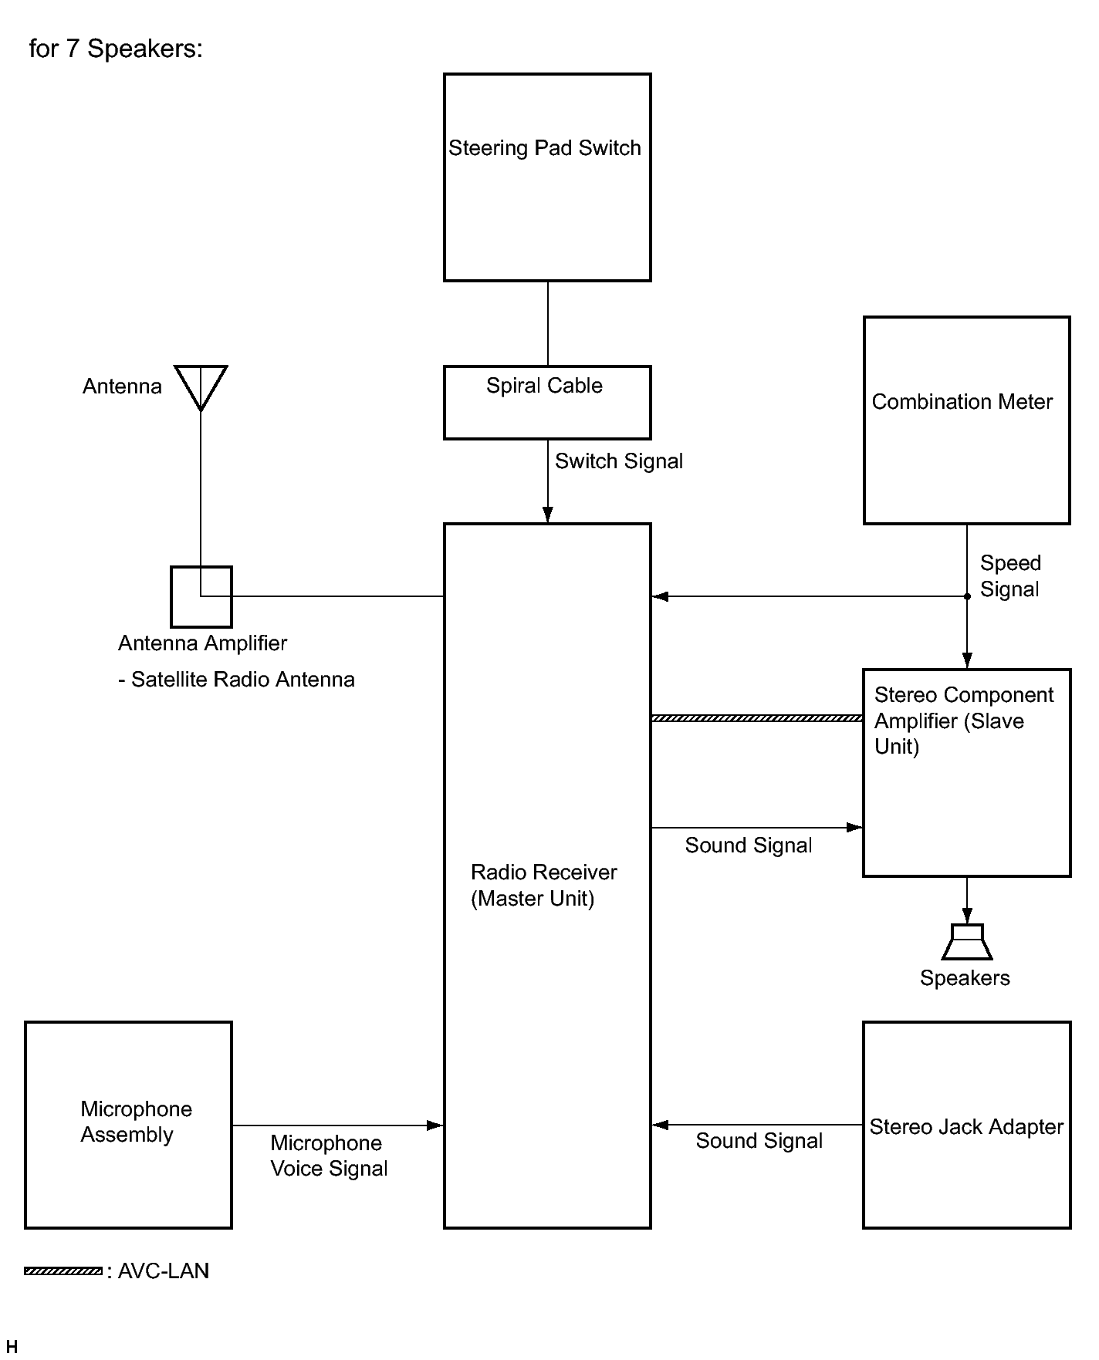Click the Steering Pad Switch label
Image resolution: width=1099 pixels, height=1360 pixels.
click(545, 148)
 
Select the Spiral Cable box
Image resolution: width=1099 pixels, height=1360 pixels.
click(547, 403)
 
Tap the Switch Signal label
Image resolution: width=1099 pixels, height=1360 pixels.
click(619, 461)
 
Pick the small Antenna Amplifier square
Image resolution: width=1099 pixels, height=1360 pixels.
click(201, 597)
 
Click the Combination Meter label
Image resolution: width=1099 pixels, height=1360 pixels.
click(962, 402)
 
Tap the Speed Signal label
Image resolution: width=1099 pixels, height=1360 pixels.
click(1010, 576)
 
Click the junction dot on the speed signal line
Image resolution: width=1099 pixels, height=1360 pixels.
click(967, 596)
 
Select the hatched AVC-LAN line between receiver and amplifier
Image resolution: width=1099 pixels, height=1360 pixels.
click(757, 718)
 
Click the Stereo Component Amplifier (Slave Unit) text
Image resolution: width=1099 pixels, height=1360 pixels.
click(964, 721)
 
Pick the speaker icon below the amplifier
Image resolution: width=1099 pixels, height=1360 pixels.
click(967, 942)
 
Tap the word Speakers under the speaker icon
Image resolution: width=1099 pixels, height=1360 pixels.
click(965, 978)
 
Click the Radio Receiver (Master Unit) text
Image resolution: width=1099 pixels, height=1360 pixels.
click(544, 886)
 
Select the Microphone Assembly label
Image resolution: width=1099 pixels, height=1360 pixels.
click(137, 1122)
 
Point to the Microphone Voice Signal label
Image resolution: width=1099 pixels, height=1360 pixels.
click(329, 1156)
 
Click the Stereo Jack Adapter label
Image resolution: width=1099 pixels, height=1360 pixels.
click(966, 1127)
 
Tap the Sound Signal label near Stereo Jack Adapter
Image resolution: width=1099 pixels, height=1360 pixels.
click(759, 1141)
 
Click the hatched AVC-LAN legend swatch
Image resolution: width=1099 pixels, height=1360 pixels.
click(63, 1271)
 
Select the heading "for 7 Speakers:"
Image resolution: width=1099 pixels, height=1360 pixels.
click(116, 49)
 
